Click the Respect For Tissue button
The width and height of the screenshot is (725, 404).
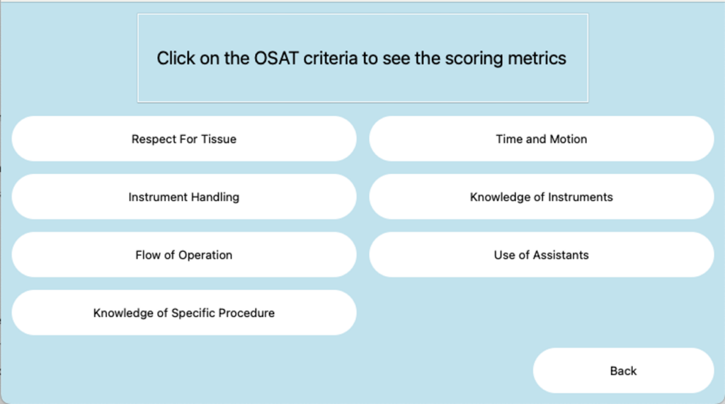tap(184, 139)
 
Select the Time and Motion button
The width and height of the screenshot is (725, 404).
tap(542, 139)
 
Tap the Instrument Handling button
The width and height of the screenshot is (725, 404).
tap(184, 197)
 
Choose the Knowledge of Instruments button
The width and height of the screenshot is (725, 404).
tap(542, 197)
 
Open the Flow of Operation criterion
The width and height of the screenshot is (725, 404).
tap(184, 255)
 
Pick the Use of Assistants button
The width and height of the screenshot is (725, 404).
tap(542, 255)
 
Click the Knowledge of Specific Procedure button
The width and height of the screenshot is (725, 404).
tap(184, 313)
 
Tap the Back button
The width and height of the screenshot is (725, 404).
tap(623, 371)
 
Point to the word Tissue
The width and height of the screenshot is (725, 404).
tap(219, 139)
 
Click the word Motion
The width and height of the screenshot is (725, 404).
tap(568, 139)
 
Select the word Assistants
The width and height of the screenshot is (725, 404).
tap(561, 255)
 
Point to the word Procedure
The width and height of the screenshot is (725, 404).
tap(246, 313)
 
